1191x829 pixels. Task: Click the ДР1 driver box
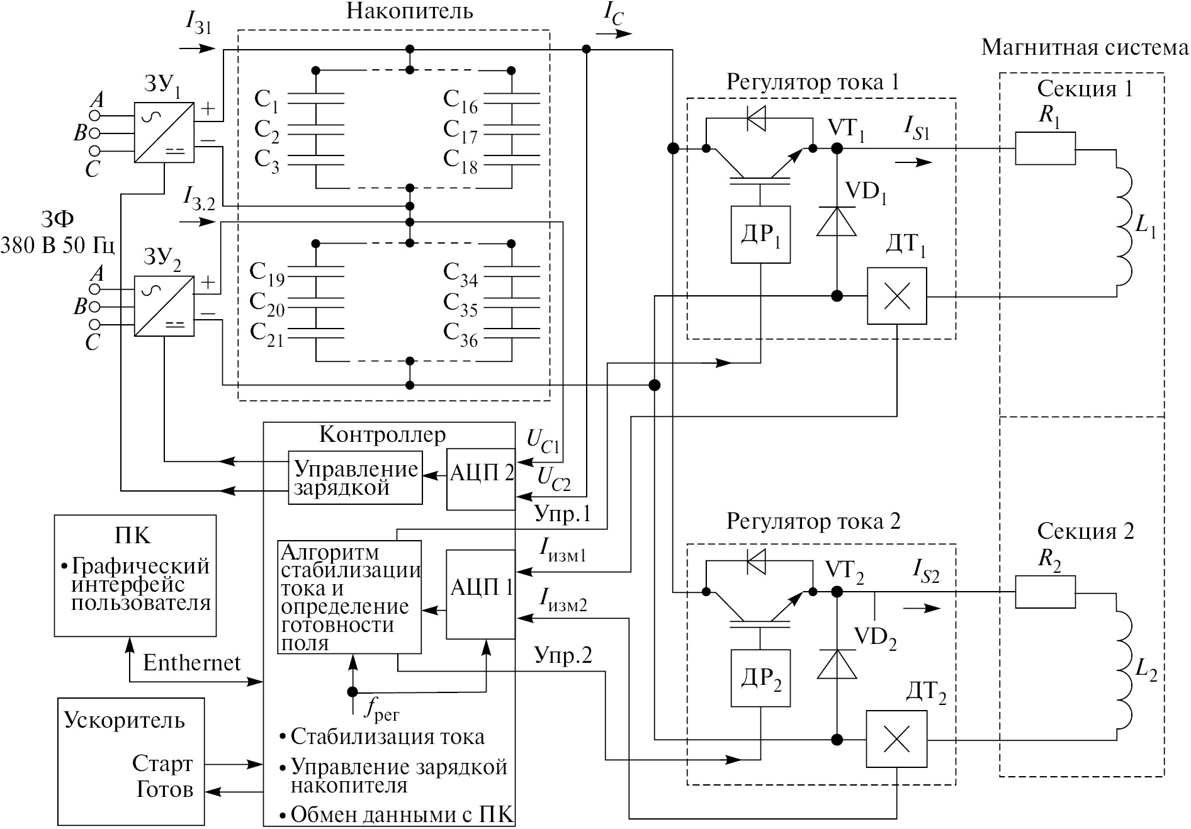[x=760, y=234]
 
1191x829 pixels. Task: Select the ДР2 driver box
[x=760, y=677]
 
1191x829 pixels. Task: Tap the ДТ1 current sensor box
[x=896, y=296]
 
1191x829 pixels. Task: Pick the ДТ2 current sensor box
[x=896, y=739]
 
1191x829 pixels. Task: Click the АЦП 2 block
[x=481, y=480]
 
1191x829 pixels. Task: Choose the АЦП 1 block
[x=481, y=594]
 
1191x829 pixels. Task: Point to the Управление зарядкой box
[x=356, y=477]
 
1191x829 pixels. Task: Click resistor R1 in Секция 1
[x=1045, y=149]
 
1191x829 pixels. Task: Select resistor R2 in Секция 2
[x=1045, y=592]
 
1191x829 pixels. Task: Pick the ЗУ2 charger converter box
[x=164, y=306]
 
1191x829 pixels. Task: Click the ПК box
[x=135, y=575]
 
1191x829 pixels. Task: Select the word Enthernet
[x=191, y=663]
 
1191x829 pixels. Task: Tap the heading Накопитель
[x=409, y=11]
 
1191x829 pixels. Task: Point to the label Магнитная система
[x=1084, y=48]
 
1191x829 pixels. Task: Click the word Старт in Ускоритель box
[x=162, y=764]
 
